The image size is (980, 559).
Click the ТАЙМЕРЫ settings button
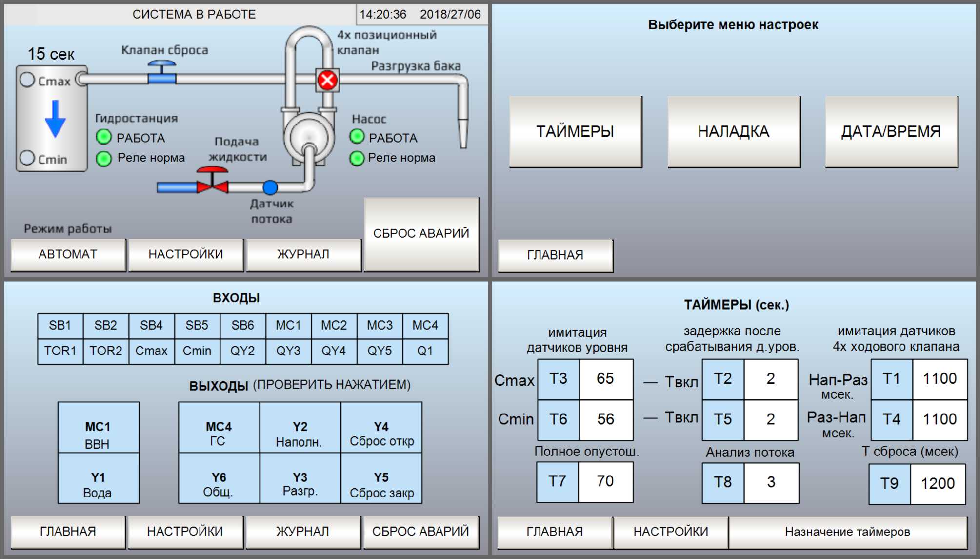pyautogui.click(x=575, y=131)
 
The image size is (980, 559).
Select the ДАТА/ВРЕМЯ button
pyautogui.click(x=891, y=131)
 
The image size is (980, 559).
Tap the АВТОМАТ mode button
pyautogui.click(x=68, y=254)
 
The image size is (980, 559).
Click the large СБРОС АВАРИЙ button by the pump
pyautogui.click(x=421, y=234)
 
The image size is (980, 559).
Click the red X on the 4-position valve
pyautogui.click(x=327, y=80)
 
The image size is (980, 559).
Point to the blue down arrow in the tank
pyautogui.click(x=55, y=119)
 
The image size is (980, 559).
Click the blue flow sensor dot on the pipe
pyautogui.click(x=270, y=187)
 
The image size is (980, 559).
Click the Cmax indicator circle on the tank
pyautogui.click(x=27, y=80)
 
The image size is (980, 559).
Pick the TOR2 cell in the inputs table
pyautogui.click(x=106, y=351)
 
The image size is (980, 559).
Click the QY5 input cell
pyautogui.click(x=380, y=351)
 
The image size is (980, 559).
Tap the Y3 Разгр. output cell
pyautogui.click(x=300, y=483)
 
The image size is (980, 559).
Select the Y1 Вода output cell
pyautogui.click(x=98, y=483)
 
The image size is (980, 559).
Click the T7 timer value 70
pyautogui.click(x=605, y=481)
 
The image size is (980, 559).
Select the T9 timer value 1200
pyautogui.click(x=937, y=483)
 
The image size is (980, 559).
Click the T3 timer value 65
pyautogui.click(x=605, y=378)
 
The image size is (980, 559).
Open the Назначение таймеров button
pyautogui.click(x=847, y=532)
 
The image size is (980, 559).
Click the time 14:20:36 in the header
pyautogui.click(x=382, y=14)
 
